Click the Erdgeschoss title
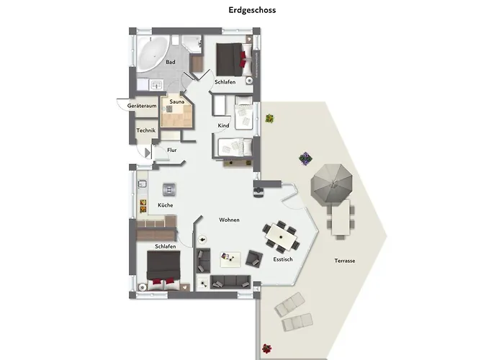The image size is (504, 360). click(x=252, y=10)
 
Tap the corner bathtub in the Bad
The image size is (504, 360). click(x=151, y=53)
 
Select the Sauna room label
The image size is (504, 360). click(x=177, y=102)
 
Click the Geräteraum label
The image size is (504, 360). click(x=142, y=106)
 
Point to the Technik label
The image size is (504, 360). click(x=145, y=130)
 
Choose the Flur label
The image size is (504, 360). click(x=171, y=150)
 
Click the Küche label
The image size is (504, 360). click(x=165, y=205)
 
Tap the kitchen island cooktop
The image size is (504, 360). click(x=169, y=189)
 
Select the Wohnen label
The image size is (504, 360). click(x=229, y=220)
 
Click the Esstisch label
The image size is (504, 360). click(x=283, y=259)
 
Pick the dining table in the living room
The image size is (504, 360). click(x=282, y=237)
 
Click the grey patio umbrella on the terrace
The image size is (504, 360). click(x=332, y=184)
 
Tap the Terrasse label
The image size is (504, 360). click(x=345, y=261)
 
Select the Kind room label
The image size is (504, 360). click(x=223, y=125)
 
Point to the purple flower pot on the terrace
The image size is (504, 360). click(x=305, y=158)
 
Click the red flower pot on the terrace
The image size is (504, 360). click(x=266, y=348)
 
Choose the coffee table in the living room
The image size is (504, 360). click(x=230, y=259)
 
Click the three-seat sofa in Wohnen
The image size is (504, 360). click(x=230, y=282)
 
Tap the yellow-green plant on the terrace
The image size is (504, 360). click(x=269, y=118)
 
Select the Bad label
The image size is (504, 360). click(x=171, y=62)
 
